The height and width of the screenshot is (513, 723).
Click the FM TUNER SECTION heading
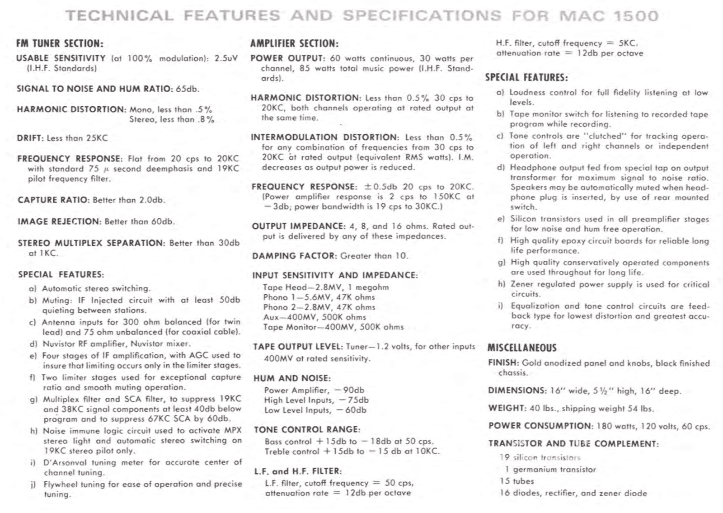[x=60, y=44]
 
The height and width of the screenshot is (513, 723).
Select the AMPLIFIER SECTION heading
[x=294, y=44]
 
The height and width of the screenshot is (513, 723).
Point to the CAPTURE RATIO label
[x=54, y=200]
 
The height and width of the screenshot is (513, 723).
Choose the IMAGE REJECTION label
[x=59, y=221]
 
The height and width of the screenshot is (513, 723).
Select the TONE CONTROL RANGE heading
[x=307, y=429]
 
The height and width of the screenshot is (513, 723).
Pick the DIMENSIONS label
[x=517, y=391]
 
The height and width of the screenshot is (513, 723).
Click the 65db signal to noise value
[x=187, y=89]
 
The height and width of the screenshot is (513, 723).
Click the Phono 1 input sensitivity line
[x=319, y=297]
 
